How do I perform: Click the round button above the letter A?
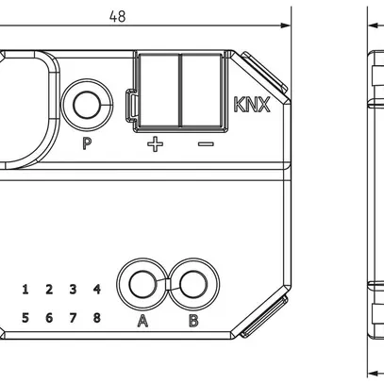point(142,283)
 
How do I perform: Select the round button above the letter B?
point(193,283)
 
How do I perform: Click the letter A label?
point(142,322)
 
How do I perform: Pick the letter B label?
point(193,322)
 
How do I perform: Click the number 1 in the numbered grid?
point(25,290)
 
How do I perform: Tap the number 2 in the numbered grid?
point(49,290)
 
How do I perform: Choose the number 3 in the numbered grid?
point(73,290)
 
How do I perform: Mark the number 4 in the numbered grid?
point(96,290)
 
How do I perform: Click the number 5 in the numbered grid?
point(25,317)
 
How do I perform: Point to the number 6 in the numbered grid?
point(49,317)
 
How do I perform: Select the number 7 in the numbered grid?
point(73,317)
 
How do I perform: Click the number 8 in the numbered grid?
point(96,317)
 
